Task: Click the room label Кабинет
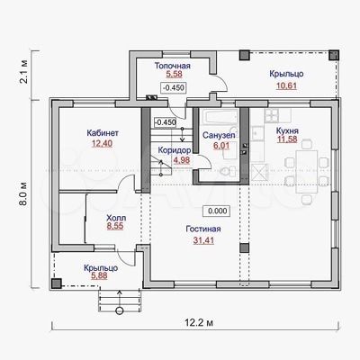(103, 133)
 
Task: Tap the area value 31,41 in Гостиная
(203, 240)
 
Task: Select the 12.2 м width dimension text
(199, 323)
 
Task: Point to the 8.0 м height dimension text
(24, 193)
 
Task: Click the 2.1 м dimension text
(24, 72)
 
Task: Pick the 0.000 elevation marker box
(217, 211)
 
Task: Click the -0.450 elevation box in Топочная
(174, 88)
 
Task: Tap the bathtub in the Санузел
(220, 117)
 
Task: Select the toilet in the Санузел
(228, 171)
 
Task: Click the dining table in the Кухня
(307, 172)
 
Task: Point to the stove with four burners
(273, 114)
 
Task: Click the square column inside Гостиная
(244, 247)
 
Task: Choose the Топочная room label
(173, 66)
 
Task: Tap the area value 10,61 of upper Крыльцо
(286, 85)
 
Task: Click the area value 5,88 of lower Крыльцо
(99, 275)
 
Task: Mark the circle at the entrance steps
(120, 311)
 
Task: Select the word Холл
(116, 218)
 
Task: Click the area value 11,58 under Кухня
(287, 139)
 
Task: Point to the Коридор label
(175, 150)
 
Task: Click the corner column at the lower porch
(56, 283)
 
